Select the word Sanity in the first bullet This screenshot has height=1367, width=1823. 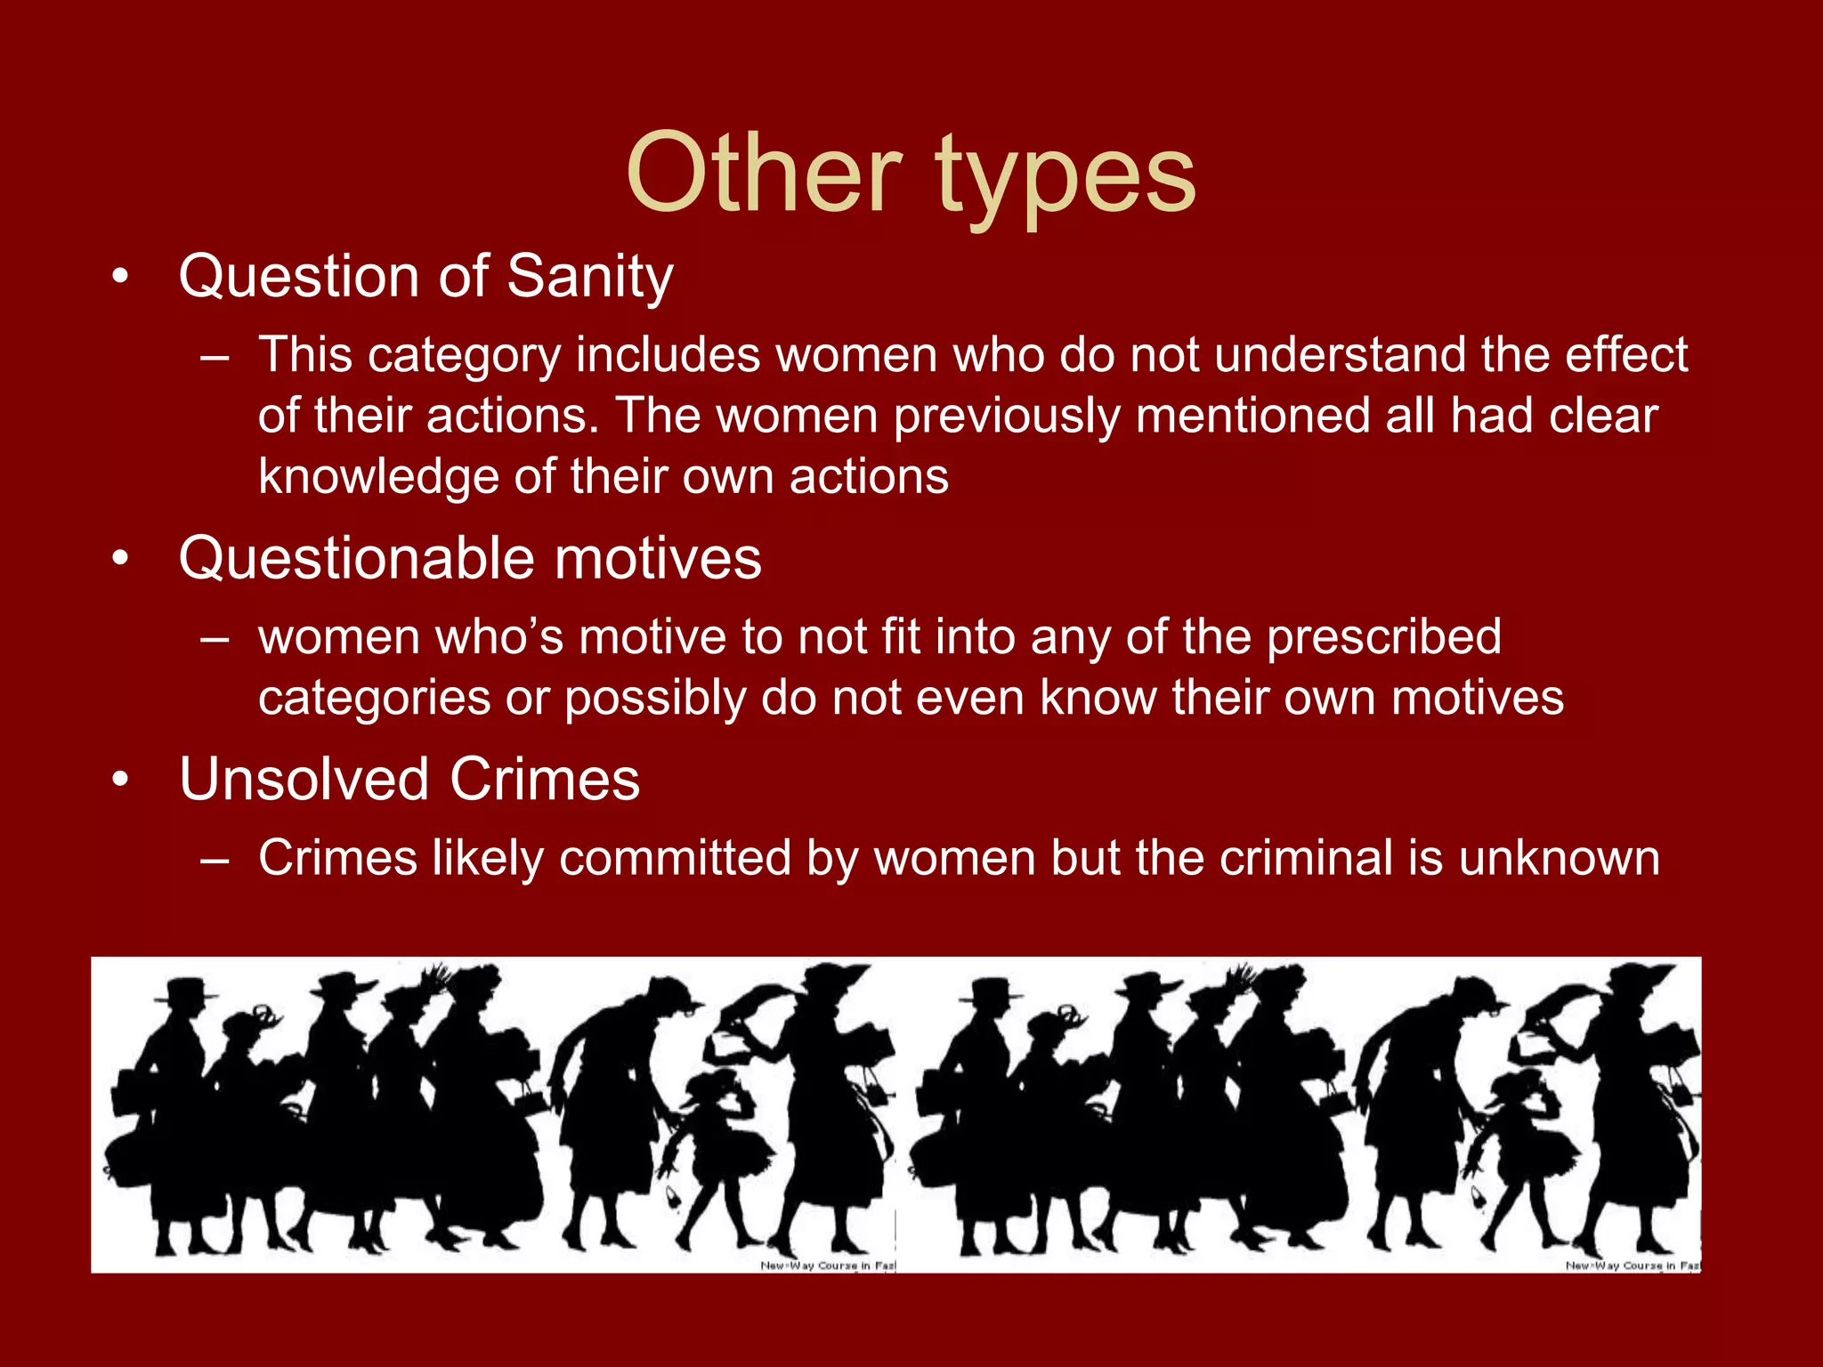(590, 278)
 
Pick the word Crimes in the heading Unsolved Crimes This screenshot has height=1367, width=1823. (545, 780)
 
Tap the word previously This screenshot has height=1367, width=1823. (1007, 417)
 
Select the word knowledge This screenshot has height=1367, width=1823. (378, 477)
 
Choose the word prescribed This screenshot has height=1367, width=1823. (1383, 637)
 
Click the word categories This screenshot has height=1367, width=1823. (374, 698)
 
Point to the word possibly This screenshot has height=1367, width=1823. (654, 698)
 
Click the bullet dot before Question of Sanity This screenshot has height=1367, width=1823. (121, 278)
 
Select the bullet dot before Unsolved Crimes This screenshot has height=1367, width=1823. (121, 781)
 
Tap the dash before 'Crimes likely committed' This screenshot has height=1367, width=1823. (215, 860)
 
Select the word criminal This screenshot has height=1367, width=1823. (1306, 858)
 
